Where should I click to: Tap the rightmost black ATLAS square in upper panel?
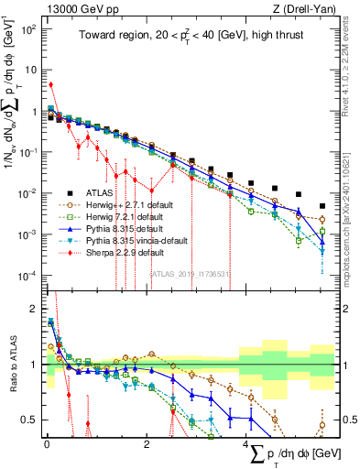point(322,206)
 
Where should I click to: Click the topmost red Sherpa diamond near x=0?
point(50,84)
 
